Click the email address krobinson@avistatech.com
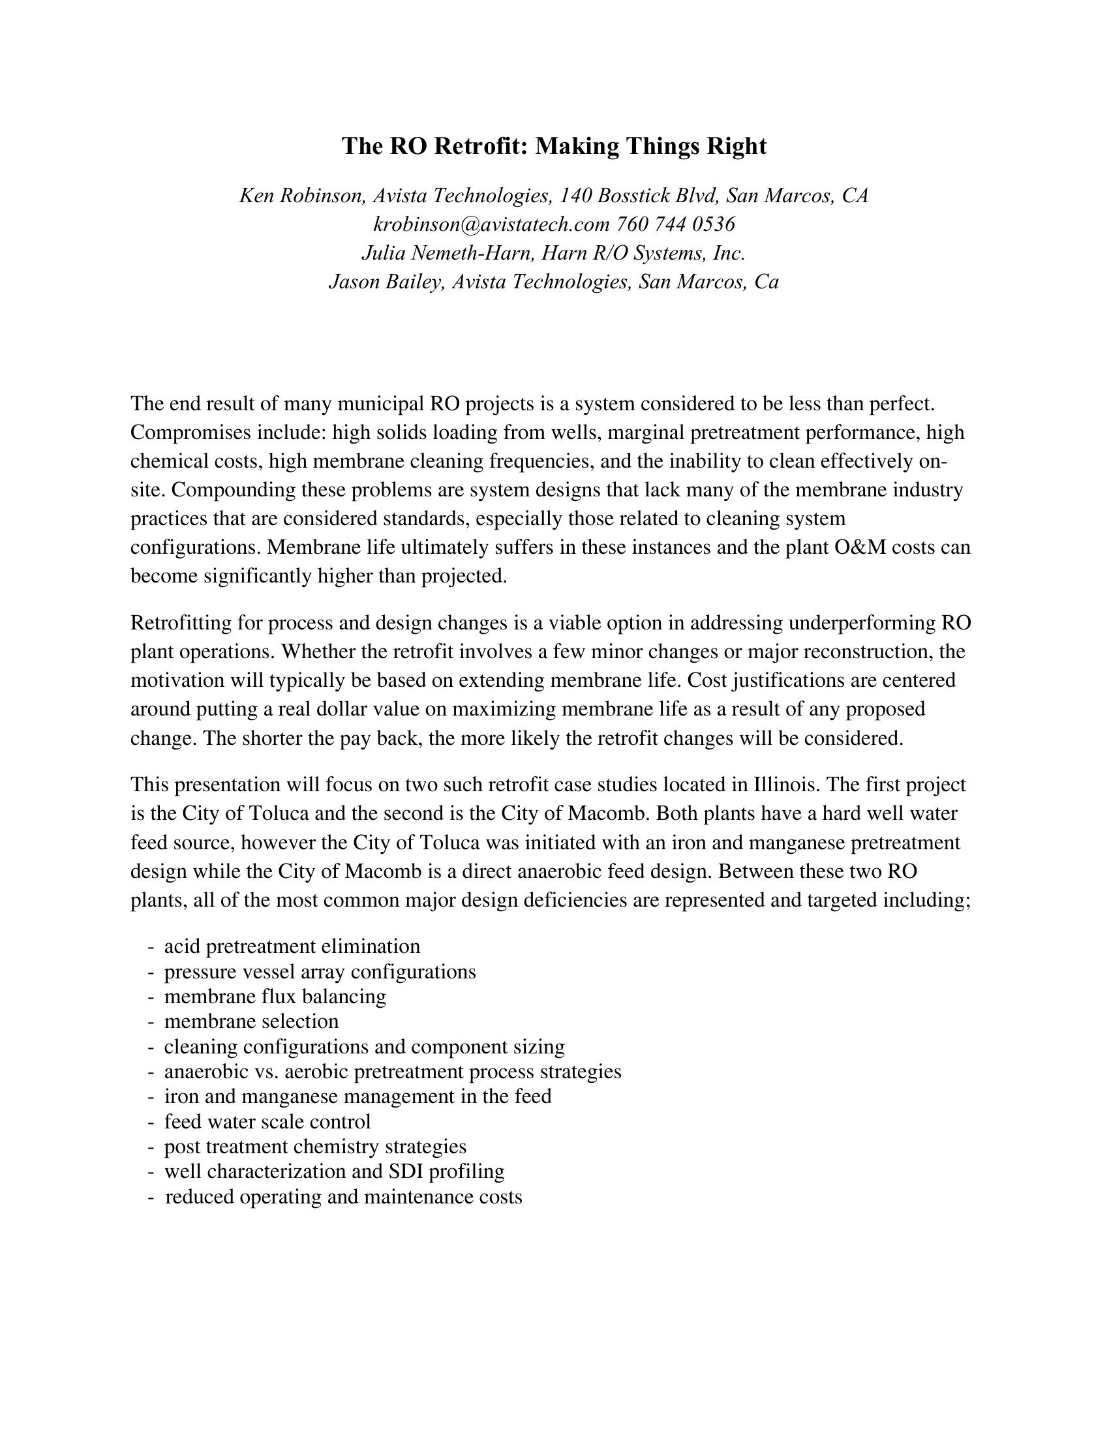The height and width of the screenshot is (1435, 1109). (x=491, y=225)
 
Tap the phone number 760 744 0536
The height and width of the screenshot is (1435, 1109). (x=675, y=225)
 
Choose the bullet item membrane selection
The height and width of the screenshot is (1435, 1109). (x=251, y=1021)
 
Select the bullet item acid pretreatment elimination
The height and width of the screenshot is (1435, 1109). (x=292, y=946)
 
